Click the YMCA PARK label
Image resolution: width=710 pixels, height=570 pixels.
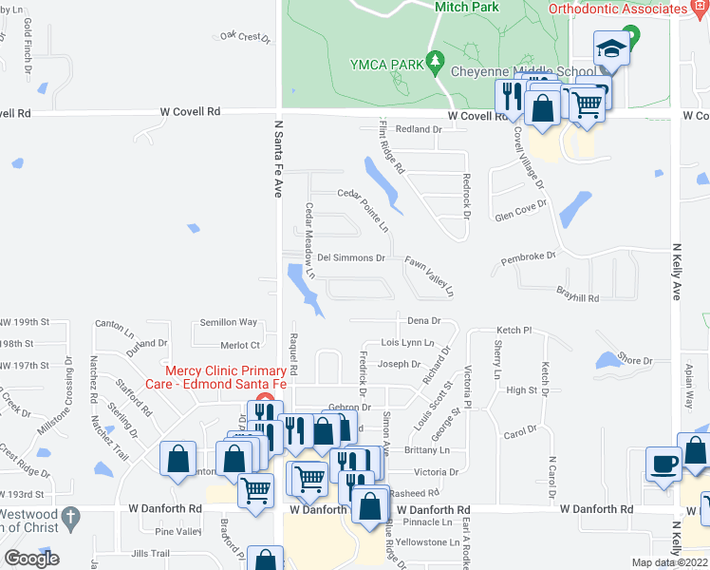click(386, 64)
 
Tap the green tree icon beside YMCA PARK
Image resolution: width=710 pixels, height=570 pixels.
click(435, 61)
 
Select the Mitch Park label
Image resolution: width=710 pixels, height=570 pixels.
click(466, 7)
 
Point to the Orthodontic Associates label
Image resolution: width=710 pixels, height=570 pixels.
click(617, 8)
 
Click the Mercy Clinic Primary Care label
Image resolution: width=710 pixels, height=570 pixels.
click(226, 378)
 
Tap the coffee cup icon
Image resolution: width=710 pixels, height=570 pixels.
click(663, 464)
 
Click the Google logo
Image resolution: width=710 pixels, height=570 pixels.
click(31, 559)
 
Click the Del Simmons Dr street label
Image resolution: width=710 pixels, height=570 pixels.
click(350, 257)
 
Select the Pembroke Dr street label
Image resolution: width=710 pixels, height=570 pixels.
click(528, 256)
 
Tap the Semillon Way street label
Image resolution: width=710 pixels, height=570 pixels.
click(228, 322)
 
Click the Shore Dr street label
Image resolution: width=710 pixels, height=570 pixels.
click(634, 361)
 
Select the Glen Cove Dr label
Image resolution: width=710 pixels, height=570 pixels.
click(521, 209)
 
